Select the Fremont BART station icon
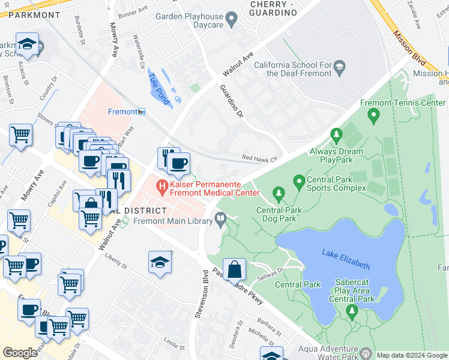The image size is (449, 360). point(142,112)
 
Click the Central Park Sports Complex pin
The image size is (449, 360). point(298,180)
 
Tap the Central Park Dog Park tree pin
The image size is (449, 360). point(277,193)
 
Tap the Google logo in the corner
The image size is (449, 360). point(20,353)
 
